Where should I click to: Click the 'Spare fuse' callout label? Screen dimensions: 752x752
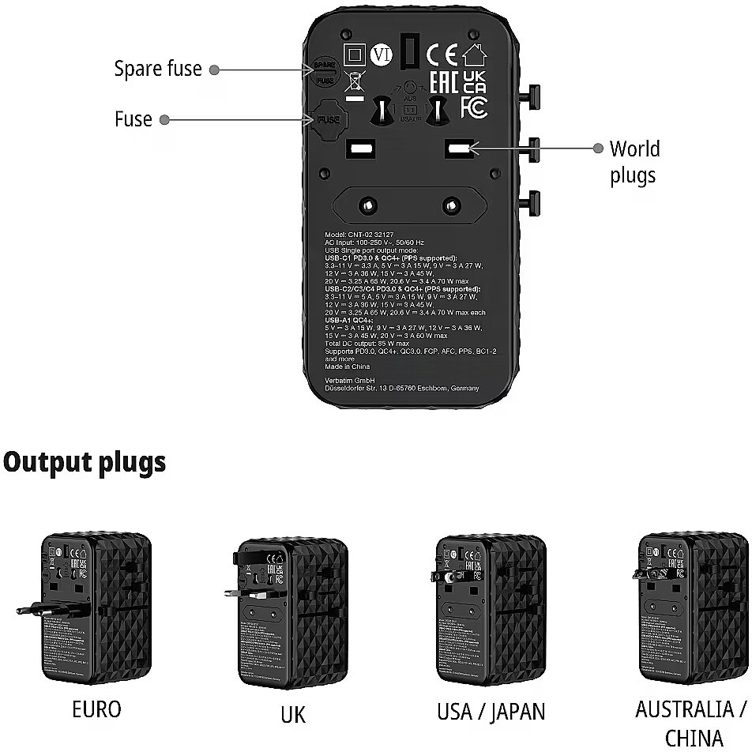[158, 69]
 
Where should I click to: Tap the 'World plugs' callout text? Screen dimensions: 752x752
[634, 162]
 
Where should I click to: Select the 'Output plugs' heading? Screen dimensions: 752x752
[85, 462]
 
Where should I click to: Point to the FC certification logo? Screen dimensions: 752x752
[473, 107]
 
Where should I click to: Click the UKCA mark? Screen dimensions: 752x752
[474, 81]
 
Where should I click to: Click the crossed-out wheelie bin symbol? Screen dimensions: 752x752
[355, 81]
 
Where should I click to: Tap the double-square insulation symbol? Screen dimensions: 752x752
[355, 55]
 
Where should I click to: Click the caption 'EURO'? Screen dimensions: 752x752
[96, 709]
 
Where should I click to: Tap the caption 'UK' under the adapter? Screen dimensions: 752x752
[292, 716]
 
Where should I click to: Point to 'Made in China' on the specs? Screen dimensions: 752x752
[348, 367]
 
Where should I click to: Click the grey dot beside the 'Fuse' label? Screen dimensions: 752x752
[164, 120]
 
